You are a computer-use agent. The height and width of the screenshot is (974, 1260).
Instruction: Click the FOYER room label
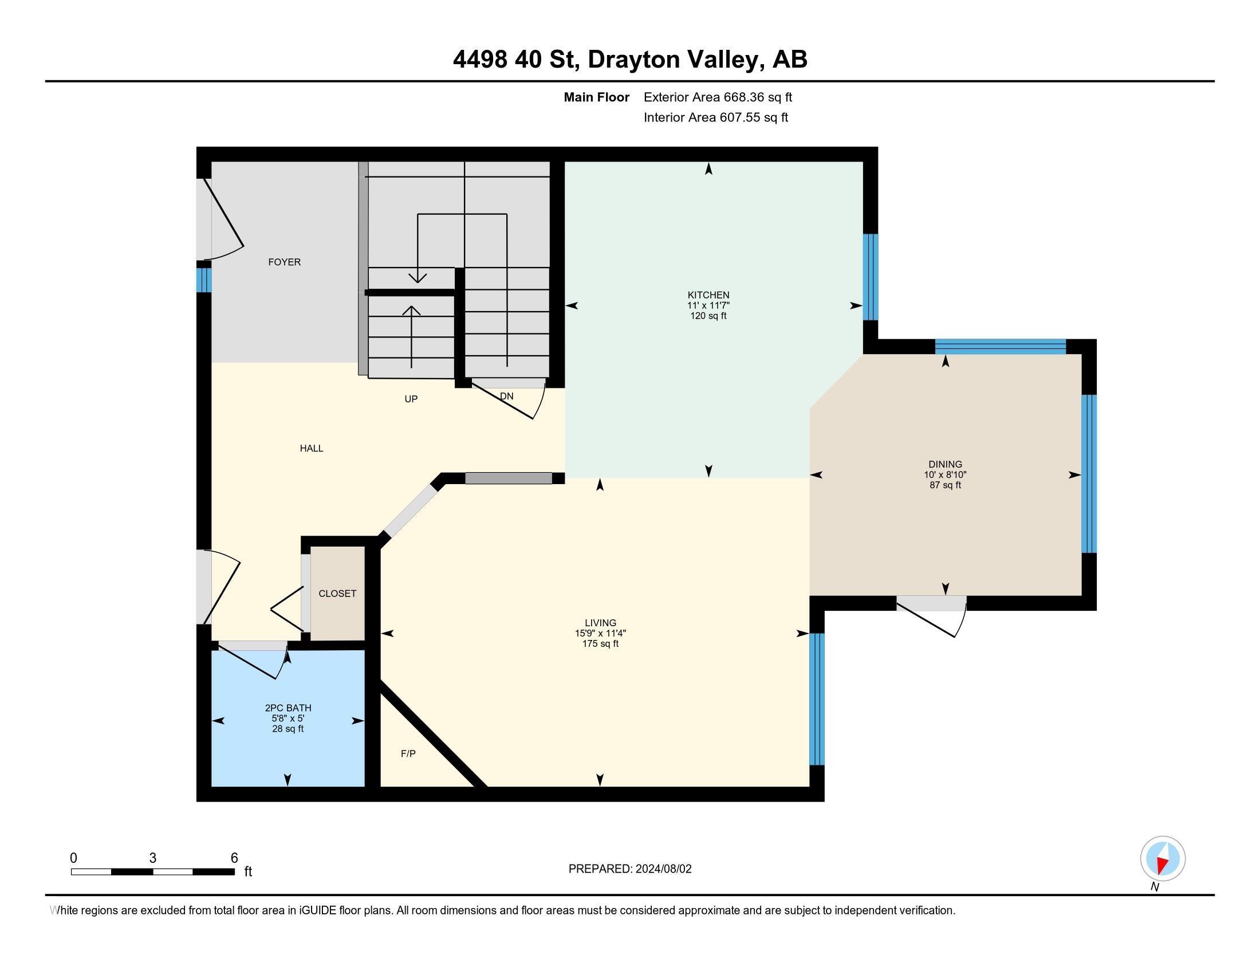285,262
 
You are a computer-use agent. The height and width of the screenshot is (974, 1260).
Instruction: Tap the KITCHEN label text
708,295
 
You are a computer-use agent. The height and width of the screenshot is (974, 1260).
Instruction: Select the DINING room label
945,464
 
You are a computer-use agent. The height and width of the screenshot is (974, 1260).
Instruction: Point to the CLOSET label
337,593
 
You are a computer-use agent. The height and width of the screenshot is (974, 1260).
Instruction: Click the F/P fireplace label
408,753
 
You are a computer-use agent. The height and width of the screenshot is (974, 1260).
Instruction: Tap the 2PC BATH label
288,708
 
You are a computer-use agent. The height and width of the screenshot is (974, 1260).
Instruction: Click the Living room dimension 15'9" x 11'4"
600,633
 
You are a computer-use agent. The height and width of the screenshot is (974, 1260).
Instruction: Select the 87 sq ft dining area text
945,485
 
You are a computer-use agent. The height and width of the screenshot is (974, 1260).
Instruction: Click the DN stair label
506,396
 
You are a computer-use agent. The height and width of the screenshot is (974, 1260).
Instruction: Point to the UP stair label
411,399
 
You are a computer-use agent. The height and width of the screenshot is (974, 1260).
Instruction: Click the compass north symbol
1163,859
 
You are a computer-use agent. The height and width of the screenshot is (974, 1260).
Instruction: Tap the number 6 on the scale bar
234,858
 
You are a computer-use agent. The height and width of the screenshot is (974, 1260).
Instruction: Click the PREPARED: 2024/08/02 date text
629,869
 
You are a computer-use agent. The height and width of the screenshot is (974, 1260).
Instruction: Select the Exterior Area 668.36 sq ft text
718,97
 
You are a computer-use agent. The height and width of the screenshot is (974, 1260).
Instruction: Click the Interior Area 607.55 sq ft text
715,117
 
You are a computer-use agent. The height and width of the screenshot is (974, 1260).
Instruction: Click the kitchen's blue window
870,277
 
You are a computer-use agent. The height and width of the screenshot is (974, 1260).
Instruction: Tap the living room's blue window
817,699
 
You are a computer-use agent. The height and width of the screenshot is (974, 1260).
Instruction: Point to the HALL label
311,449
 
